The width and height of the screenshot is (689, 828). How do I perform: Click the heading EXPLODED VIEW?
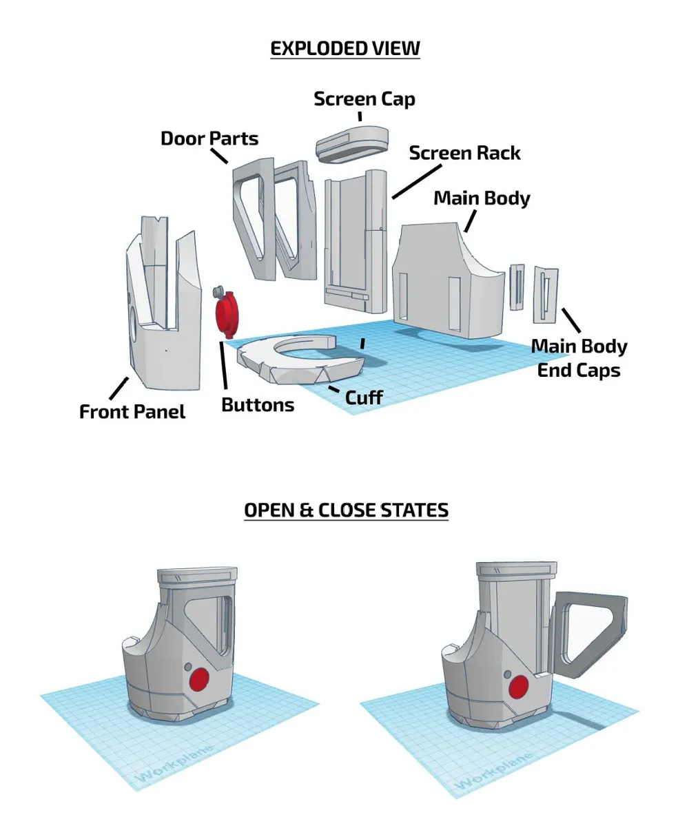coord(344,49)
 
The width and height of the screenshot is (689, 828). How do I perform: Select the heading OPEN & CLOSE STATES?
coord(346,510)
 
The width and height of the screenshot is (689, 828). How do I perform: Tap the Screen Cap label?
coord(364,99)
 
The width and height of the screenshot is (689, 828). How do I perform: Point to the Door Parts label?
coord(209,138)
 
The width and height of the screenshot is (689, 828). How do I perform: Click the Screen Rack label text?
coord(465,153)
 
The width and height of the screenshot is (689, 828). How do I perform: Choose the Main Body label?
coord(482,198)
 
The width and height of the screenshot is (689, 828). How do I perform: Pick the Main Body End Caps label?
coord(579,358)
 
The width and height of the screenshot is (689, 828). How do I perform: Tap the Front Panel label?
coord(132,412)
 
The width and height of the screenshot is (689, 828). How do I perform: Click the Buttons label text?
coord(258,405)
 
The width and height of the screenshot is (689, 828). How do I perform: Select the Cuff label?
coord(364,397)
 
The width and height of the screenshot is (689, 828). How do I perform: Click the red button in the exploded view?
coord(227,313)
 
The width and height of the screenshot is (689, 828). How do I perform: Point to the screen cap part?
coord(352,142)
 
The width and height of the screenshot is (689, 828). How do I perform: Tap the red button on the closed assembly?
coord(200,680)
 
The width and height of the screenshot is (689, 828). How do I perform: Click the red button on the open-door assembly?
coord(518,687)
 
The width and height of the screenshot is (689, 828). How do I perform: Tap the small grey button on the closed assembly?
coord(189,667)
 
